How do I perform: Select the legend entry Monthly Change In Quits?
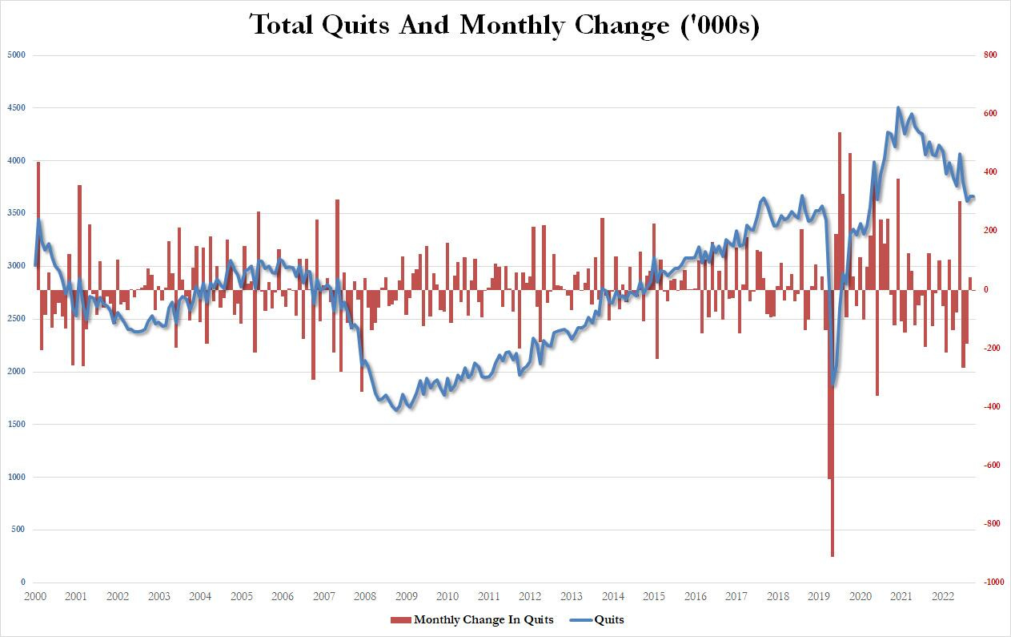(x=472, y=619)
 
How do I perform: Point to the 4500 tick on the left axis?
(x=18, y=107)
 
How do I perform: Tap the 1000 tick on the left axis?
(x=18, y=477)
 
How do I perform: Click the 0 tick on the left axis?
(x=23, y=583)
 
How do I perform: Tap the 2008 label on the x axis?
(x=365, y=597)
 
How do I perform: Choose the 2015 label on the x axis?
(x=654, y=597)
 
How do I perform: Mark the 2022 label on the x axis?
(x=943, y=597)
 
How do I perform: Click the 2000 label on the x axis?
(x=34, y=597)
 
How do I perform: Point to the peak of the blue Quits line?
(x=898, y=107)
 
